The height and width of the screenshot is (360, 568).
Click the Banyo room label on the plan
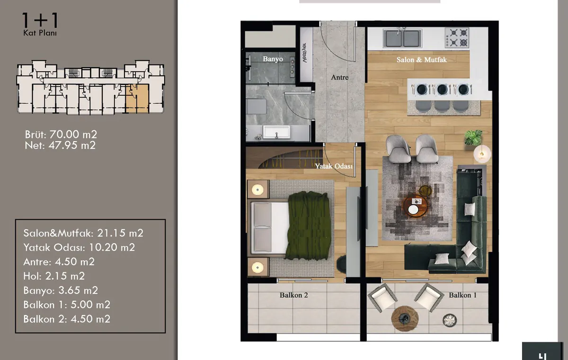coord(273,59)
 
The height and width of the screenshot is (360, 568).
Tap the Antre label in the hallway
coord(339,77)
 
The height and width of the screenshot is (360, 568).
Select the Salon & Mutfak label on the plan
coord(421,60)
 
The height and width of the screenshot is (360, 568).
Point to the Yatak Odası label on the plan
coord(334,166)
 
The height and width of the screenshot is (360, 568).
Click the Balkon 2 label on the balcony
coord(293,295)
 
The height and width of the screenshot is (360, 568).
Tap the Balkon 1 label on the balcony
coord(462,295)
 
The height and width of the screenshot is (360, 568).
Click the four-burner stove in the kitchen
coord(457,37)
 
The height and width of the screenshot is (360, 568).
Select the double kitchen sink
coord(402,38)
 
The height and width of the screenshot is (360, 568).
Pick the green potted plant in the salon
coord(473,138)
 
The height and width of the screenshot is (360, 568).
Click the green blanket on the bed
coord(308,225)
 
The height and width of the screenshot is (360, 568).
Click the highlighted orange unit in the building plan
coord(137,99)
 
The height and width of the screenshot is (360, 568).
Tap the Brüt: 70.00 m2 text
coord(61,135)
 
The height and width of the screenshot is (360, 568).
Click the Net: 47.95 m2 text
coord(60,145)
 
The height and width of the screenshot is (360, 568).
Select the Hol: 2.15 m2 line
coord(54,276)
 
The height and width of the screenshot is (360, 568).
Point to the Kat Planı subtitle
coord(40,33)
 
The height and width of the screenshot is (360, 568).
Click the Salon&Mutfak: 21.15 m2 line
coord(83,233)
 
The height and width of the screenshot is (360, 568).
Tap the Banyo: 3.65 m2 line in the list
coord(61,290)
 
